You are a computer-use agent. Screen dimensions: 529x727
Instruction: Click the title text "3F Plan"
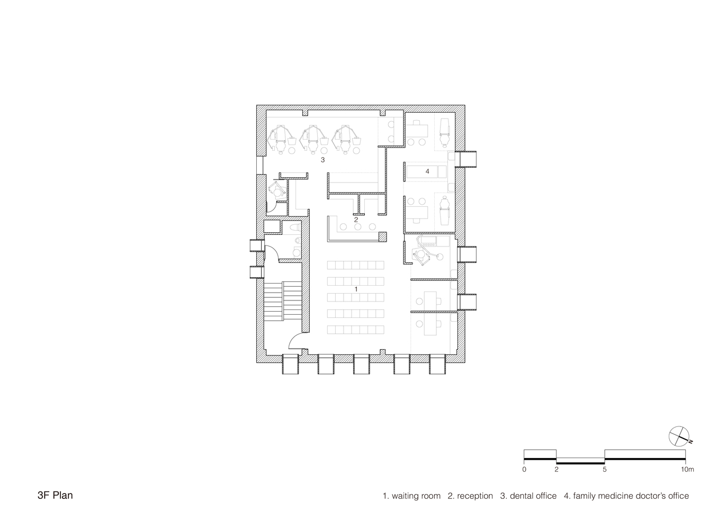point(55,496)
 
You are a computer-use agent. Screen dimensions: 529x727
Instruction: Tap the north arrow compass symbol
point(679,436)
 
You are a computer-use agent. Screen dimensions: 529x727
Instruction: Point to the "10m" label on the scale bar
point(687,469)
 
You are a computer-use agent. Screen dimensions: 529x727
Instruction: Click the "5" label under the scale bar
point(604,469)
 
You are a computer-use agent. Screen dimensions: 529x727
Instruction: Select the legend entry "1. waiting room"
point(411,496)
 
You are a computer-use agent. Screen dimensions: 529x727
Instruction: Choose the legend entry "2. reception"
point(470,496)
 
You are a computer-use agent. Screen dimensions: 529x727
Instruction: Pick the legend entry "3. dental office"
point(528,496)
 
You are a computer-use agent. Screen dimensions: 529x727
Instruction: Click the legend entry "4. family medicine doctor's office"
point(626,496)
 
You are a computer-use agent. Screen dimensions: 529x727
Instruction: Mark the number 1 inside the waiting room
point(356,289)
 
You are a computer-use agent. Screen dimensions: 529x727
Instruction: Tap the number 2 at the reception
point(356,219)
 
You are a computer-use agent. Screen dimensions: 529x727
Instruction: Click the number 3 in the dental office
point(322,159)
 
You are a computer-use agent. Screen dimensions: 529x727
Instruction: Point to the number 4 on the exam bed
point(427,171)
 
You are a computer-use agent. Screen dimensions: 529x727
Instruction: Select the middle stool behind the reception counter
point(357,227)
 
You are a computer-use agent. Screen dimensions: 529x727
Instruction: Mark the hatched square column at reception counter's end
point(382,238)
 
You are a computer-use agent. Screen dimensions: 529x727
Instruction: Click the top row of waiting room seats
point(356,265)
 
